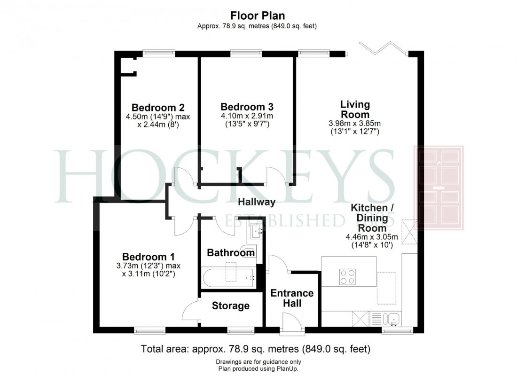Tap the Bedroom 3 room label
coord(247,107)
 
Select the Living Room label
coord(355,109)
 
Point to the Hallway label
coord(256,202)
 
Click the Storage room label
coord(230,306)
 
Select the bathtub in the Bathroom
coord(228,277)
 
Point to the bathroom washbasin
coord(257,230)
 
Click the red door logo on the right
coord(438,188)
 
